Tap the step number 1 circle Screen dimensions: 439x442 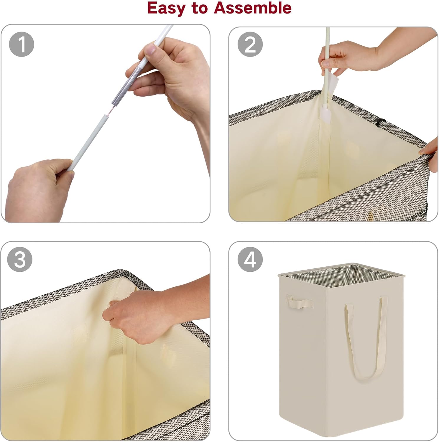22,44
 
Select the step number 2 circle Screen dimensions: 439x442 250,44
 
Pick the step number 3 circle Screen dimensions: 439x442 20,259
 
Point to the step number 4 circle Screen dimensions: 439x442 250,259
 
